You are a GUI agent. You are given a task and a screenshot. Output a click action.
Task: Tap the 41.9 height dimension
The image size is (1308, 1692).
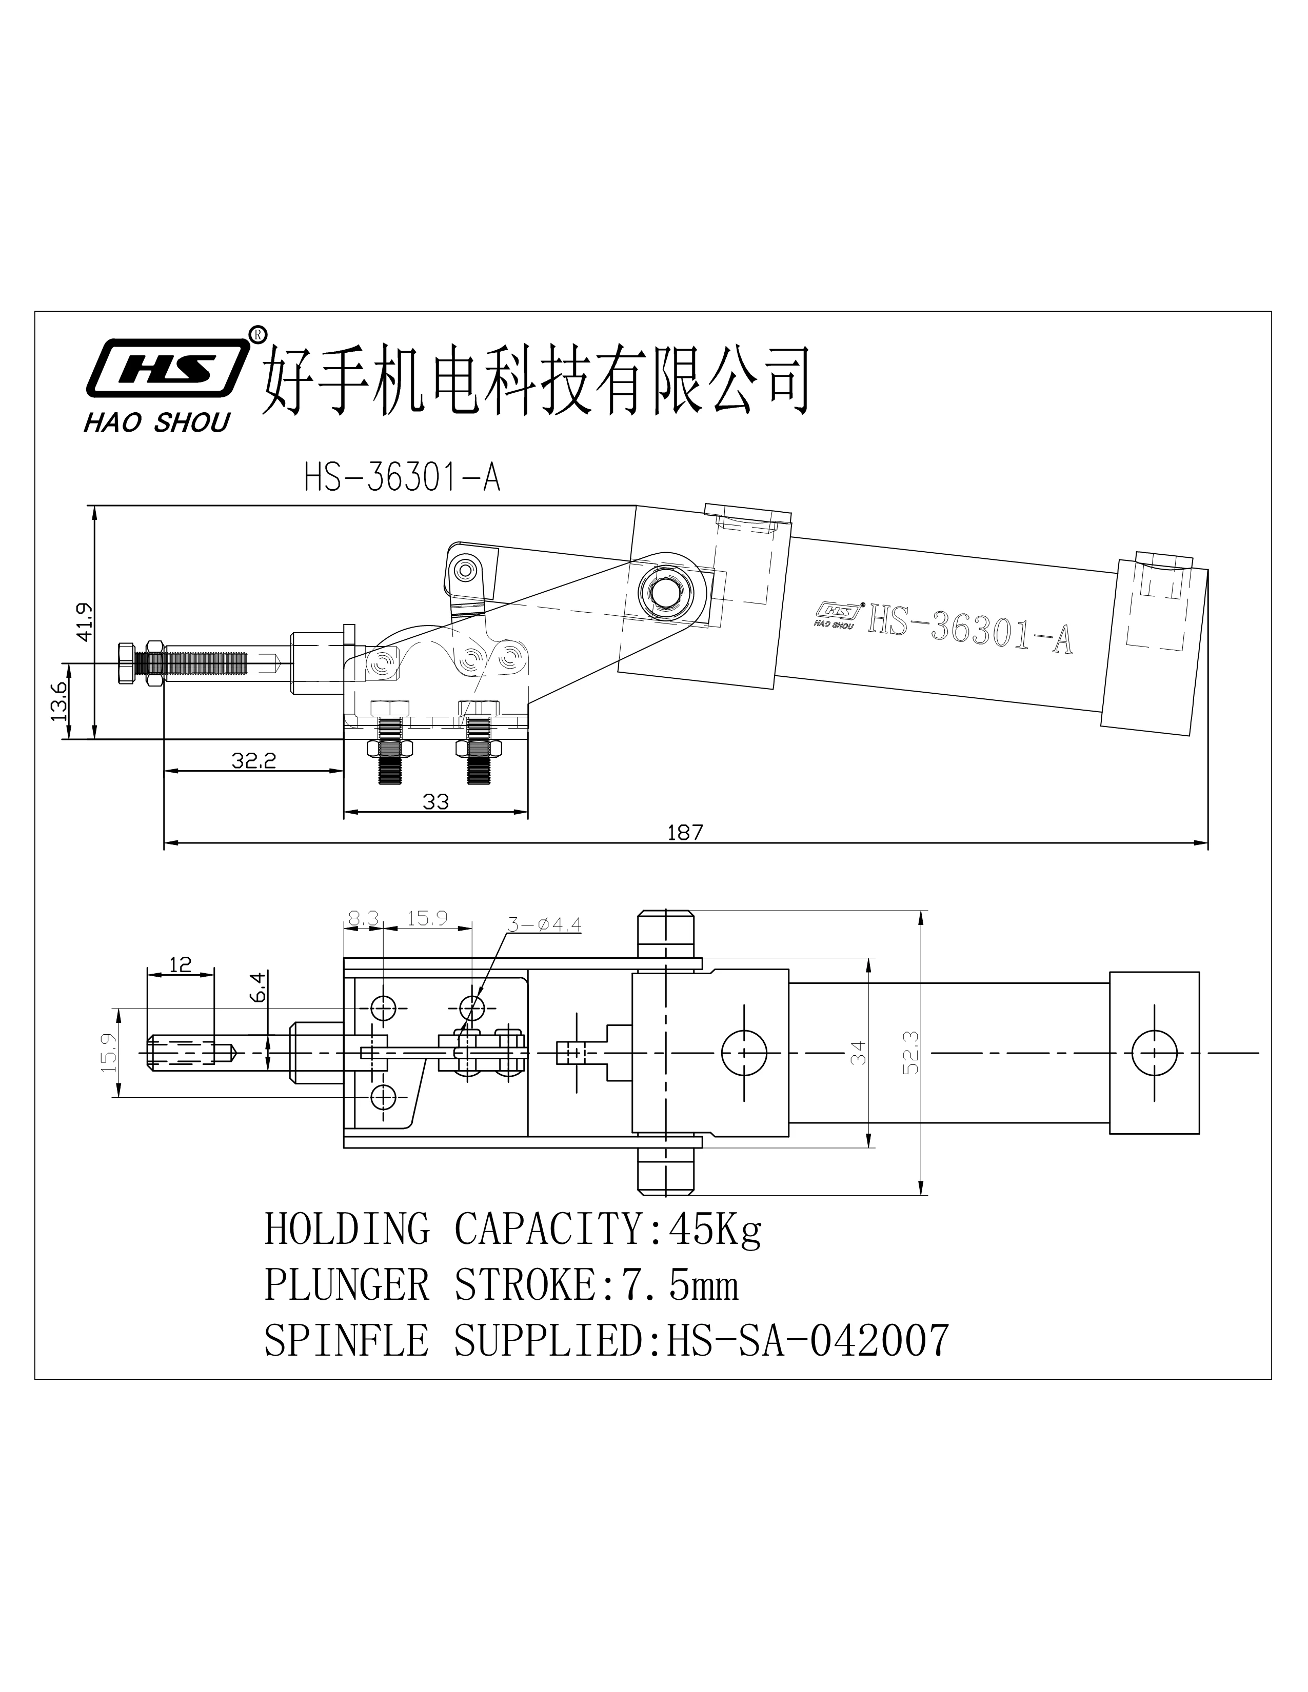tap(84, 621)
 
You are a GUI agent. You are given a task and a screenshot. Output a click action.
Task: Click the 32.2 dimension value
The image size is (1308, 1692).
tap(253, 761)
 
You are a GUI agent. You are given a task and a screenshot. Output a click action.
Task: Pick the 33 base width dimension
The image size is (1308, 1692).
tap(435, 802)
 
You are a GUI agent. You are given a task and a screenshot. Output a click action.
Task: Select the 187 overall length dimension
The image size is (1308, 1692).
tap(685, 833)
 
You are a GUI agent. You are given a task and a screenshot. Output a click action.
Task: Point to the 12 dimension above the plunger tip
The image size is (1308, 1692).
tap(180, 964)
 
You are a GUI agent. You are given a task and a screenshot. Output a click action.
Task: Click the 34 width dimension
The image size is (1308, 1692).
tap(859, 1053)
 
